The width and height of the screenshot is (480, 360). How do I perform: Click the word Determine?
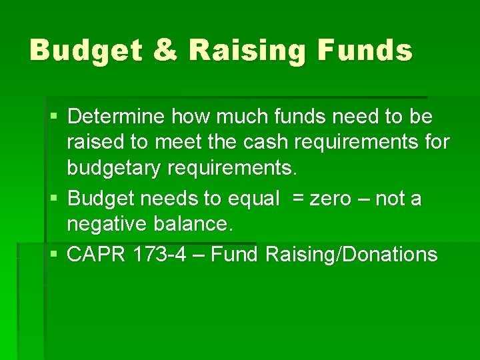116,117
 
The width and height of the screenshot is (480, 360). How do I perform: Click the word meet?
179,142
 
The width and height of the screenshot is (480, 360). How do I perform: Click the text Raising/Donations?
351,254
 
